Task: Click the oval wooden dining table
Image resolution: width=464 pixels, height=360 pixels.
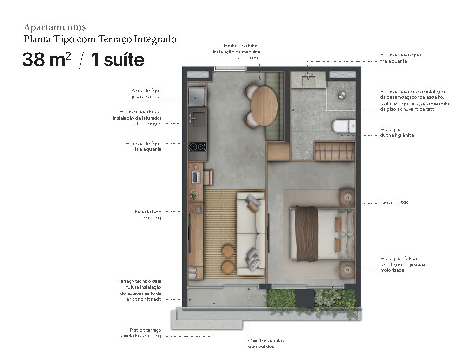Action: (x=264, y=105)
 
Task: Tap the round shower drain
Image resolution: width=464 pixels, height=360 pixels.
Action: (x=342, y=95)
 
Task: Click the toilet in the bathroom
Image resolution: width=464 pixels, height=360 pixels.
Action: (x=343, y=127)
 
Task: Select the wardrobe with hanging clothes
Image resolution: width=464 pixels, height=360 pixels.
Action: (x=334, y=151)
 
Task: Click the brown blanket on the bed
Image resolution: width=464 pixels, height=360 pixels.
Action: (x=307, y=233)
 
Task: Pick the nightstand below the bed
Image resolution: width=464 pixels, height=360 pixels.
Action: (x=346, y=270)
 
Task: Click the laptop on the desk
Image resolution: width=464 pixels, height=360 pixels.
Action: (x=195, y=177)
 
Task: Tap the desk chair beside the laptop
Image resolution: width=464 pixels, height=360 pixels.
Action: (x=209, y=177)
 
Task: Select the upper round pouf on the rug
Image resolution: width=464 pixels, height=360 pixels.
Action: (x=227, y=251)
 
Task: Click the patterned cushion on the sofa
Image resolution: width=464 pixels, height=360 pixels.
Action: (x=252, y=258)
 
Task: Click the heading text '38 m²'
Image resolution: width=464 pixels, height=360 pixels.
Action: (x=47, y=60)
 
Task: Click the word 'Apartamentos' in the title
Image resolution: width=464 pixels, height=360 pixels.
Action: (x=54, y=27)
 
